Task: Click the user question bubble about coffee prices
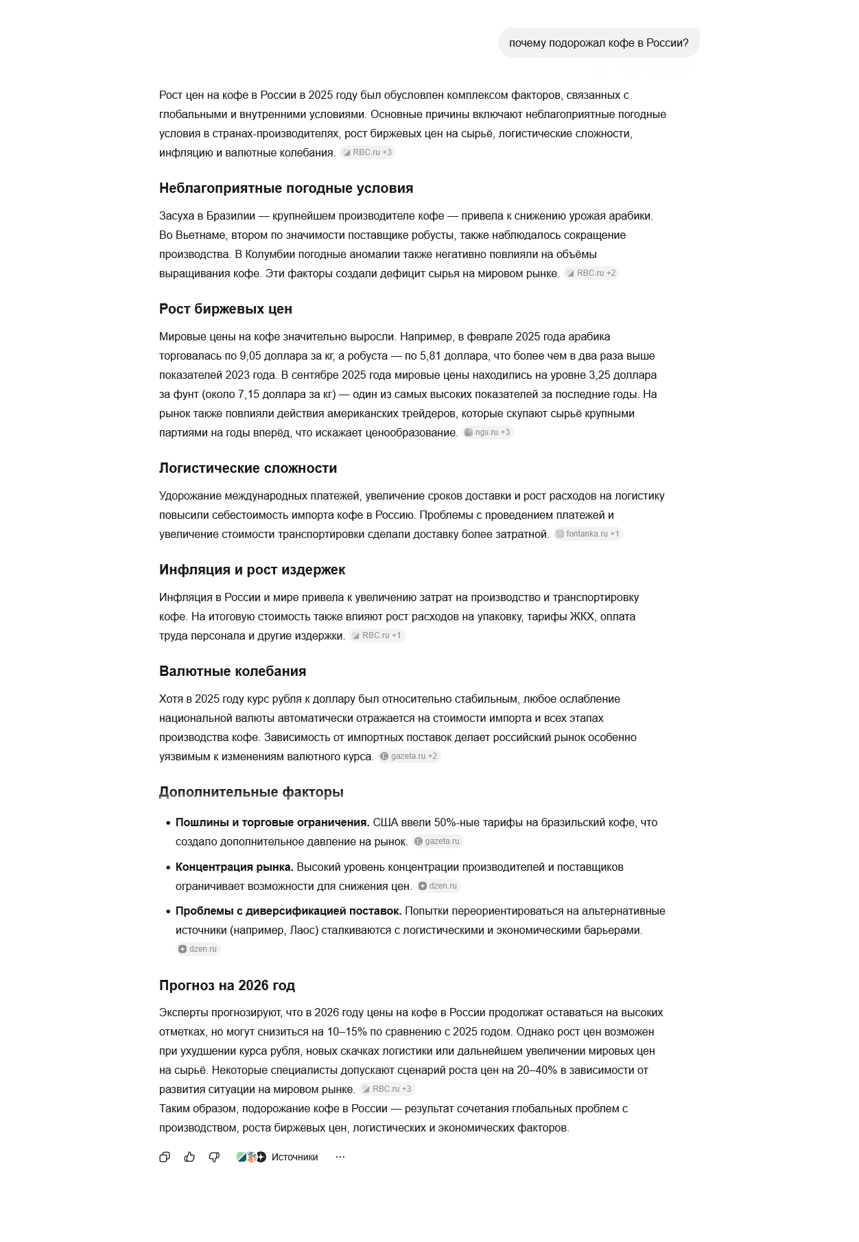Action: pyautogui.click(x=598, y=43)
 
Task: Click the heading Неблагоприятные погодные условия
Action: pyautogui.click(x=285, y=188)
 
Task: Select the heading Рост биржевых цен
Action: pyautogui.click(x=225, y=309)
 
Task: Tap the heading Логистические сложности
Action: pyautogui.click(x=248, y=468)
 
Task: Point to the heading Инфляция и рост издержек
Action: pyautogui.click(x=252, y=570)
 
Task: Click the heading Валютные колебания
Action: pyautogui.click(x=233, y=671)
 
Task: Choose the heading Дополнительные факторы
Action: pyautogui.click(x=251, y=792)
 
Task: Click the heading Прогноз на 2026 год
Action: pyautogui.click(x=226, y=985)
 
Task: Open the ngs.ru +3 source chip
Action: pyautogui.click(x=487, y=432)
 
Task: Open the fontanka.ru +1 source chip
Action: pyautogui.click(x=588, y=534)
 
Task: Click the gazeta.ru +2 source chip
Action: pyautogui.click(x=409, y=756)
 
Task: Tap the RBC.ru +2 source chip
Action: pyautogui.click(x=591, y=273)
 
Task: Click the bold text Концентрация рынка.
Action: pyautogui.click(x=234, y=867)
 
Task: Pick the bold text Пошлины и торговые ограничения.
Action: pyautogui.click(x=272, y=822)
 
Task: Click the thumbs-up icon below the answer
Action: pyautogui.click(x=189, y=1157)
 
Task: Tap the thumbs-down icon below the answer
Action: pyautogui.click(x=214, y=1157)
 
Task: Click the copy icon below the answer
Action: pyautogui.click(x=165, y=1157)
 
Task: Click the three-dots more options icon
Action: pyautogui.click(x=340, y=1157)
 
